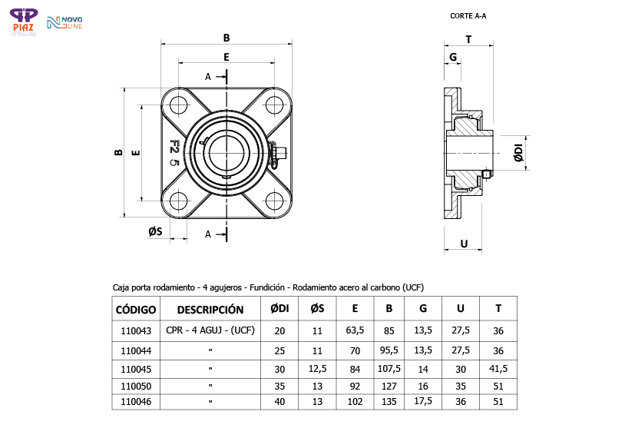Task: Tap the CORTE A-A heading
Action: pyautogui.click(x=468, y=15)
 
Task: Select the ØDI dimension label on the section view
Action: pyautogui.click(x=518, y=153)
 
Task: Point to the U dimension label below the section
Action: pyautogui.click(x=463, y=244)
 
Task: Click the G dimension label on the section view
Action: pyautogui.click(x=453, y=58)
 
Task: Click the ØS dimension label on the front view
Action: pyautogui.click(x=155, y=231)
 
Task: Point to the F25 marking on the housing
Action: pyautogui.click(x=174, y=153)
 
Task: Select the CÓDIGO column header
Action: pyautogui.click(x=136, y=310)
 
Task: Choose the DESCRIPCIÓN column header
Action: pyautogui.click(x=210, y=310)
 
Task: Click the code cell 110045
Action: pyautogui.click(x=137, y=368)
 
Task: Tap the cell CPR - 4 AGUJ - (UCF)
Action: pyautogui.click(x=210, y=330)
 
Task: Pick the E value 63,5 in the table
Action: pyautogui.click(x=355, y=330)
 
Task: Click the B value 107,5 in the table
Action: pyautogui.click(x=389, y=368)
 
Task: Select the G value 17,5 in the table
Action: pyautogui.click(x=423, y=401)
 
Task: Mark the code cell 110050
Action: pyautogui.click(x=137, y=385)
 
